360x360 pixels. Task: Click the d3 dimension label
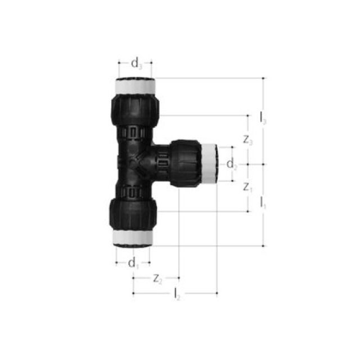(136, 63)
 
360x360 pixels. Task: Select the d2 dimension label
(232, 164)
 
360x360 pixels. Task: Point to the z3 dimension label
(248, 141)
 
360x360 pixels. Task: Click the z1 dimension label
(248, 188)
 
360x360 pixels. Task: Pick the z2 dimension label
(157, 278)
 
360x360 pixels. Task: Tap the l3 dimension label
(263, 119)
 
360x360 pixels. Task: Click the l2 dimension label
(177, 293)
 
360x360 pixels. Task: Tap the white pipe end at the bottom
(134, 237)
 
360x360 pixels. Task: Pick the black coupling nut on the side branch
(186, 163)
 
